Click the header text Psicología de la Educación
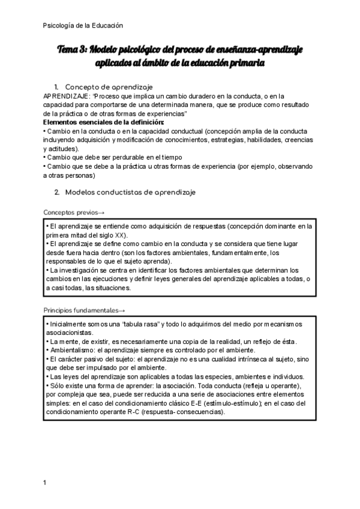pyautogui.click(x=83, y=25)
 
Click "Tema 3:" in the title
pyautogui.click(x=73, y=50)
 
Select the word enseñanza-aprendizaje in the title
pyautogui.click(x=265, y=50)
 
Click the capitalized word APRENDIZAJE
pyautogui.click(x=65, y=96)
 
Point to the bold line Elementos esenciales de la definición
pyautogui.click(x=104, y=122)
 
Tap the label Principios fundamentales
pyautogui.click(x=84, y=310)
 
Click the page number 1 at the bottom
pyautogui.click(x=45, y=482)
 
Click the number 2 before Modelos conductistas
pyautogui.click(x=56, y=192)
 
